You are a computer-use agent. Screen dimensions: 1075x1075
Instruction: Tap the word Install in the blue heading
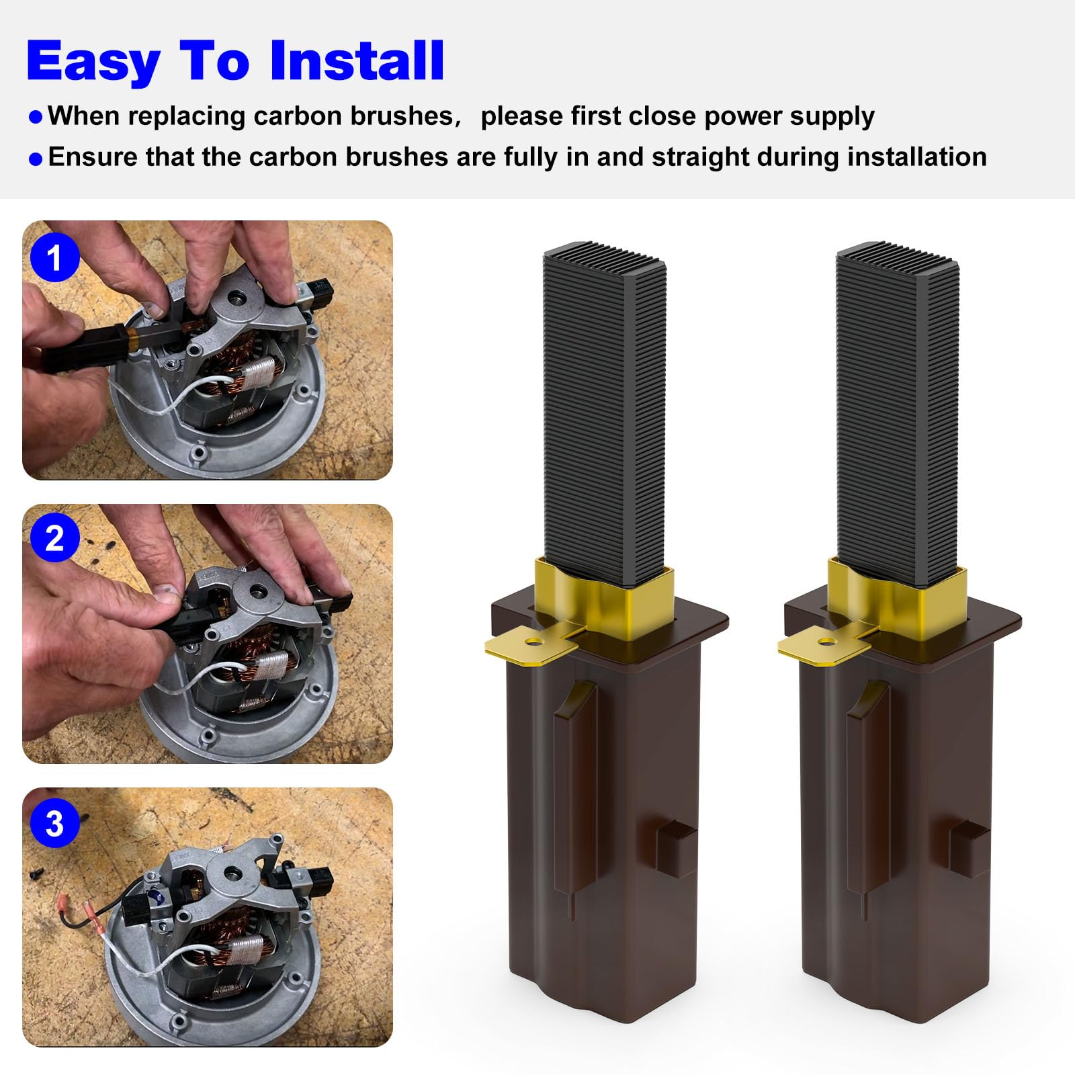point(356,60)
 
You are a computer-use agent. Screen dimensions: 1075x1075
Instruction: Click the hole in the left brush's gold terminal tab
point(535,641)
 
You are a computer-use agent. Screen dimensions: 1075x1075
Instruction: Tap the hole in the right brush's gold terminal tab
point(828,641)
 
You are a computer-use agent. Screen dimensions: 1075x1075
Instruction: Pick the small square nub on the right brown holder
point(970,848)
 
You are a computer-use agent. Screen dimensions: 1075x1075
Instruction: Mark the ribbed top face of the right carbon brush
point(898,257)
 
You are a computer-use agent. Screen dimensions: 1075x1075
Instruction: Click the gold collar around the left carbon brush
point(604,597)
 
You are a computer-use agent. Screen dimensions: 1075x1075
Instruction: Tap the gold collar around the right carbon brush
point(897,597)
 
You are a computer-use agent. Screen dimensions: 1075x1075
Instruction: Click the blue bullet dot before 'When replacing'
point(36,118)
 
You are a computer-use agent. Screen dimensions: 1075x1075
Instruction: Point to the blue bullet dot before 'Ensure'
point(36,159)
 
